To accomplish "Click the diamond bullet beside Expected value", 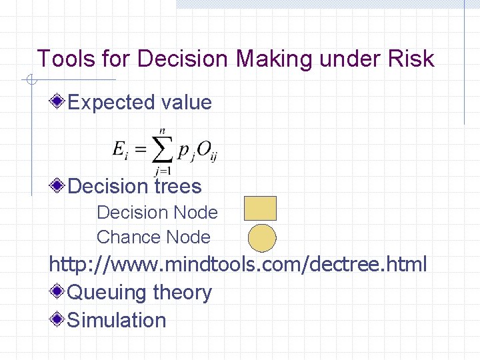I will (59, 102).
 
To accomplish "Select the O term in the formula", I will (204, 151).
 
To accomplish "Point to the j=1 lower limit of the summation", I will (161, 171).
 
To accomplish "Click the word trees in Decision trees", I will (178, 185).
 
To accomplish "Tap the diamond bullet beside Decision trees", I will (59, 185).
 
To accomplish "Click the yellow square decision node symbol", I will (260, 209).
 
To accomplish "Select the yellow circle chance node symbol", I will (262, 237).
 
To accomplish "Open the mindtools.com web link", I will (237, 265).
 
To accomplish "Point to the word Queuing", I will (107, 293).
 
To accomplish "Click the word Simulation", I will (117, 320).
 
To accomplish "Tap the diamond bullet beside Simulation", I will (59, 319).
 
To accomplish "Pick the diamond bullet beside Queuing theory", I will (59, 292).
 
